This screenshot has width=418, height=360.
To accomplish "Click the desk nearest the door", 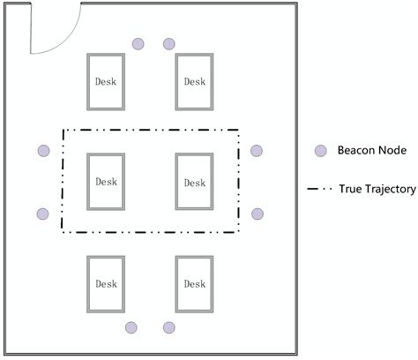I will (x=106, y=82).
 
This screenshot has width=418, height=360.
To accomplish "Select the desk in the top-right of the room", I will (x=194, y=82).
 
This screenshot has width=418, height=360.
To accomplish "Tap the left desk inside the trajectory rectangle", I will (x=106, y=182).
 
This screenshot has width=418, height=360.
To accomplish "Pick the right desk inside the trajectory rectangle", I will (x=194, y=182).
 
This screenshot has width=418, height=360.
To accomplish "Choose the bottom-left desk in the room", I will (x=106, y=283).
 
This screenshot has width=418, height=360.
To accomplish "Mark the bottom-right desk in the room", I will (x=194, y=283).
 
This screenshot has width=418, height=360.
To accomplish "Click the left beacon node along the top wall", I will (x=138, y=44).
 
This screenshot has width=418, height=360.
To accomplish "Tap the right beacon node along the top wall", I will (x=168, y=44).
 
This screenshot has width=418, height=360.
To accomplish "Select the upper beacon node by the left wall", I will (x=43, y=151).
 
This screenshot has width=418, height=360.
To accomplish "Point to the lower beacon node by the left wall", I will (x=43, y=214).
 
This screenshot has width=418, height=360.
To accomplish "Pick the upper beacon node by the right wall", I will (x=257, y=151).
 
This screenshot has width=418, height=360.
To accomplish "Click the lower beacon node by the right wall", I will (x=258, y=214).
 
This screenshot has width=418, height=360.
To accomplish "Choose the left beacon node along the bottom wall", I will (x=131, y=327).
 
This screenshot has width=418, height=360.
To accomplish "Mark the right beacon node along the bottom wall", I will (x=168, y=327).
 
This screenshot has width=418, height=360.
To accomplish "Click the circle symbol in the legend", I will (x=321, y=151).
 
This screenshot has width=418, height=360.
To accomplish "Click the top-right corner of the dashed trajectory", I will (x=240, y=131).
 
